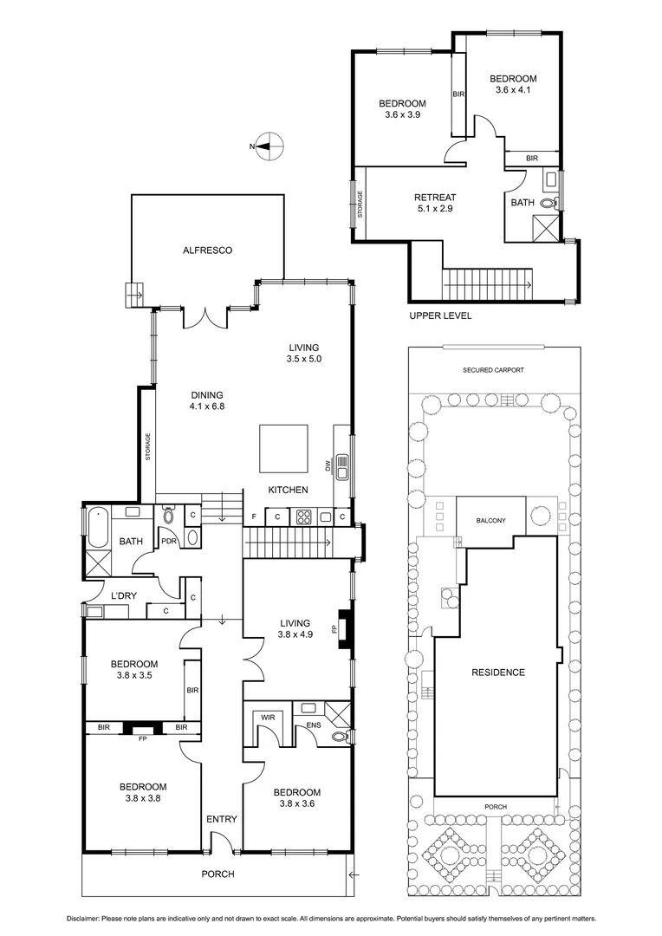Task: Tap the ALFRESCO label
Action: click(x=207, y=250)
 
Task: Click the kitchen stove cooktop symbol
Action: click(x=305, y=517)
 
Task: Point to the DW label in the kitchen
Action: click(x=329, y=466)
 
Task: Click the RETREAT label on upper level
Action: click(x=434, y=198)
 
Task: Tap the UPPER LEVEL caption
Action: click(x=440, y=316)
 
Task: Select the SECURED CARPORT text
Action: click(x=493, y=369)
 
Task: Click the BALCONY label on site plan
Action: click(x=490, y=521)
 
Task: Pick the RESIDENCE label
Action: click(x=497, y=672)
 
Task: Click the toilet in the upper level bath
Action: click(x=548, y=204)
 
